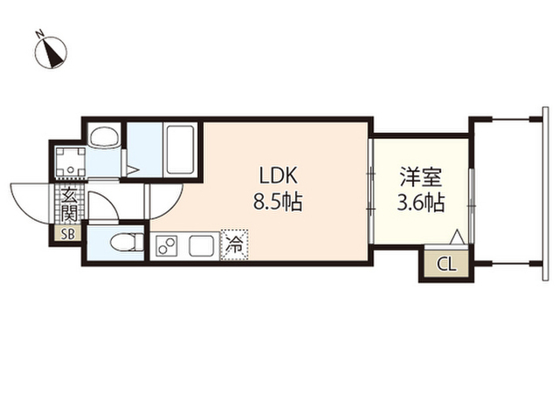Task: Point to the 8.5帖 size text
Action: point(277,203)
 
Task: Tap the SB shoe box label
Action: point(67,233)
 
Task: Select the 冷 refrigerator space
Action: point(233,245)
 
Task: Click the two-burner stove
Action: point(167,246)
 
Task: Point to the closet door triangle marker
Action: point(455,237)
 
